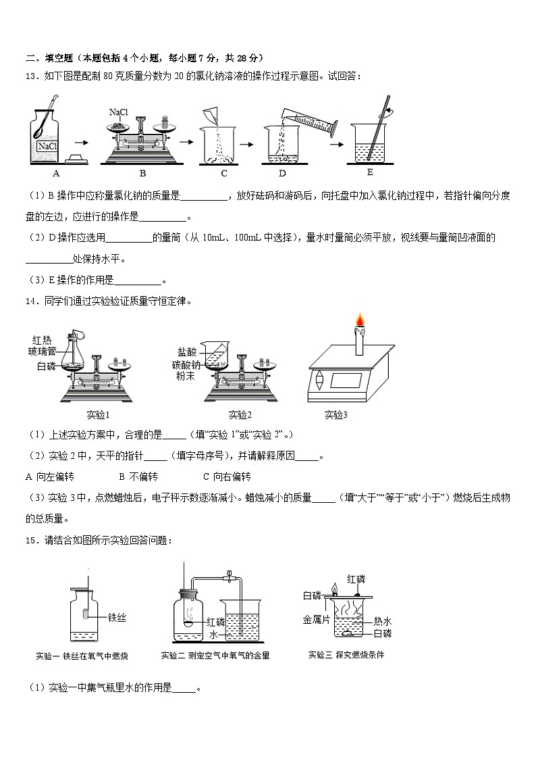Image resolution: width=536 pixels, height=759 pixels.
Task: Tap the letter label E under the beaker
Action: coord(369,172)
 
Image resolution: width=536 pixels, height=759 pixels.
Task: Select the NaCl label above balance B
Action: coord(118,112)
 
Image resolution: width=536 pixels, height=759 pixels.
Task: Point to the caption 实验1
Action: coord(99,415)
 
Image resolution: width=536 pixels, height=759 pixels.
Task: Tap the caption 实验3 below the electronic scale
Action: coord(336,415)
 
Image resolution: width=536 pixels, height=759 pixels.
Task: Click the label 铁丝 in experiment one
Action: coord(117,617)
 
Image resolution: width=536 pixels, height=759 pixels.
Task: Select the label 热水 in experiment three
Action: coord(383,621)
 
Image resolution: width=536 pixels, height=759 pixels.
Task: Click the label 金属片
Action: coord(315,619)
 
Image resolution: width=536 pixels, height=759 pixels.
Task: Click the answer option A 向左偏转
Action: coord(49,476)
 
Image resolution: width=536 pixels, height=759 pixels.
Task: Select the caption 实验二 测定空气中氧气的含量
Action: coord(215,656)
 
